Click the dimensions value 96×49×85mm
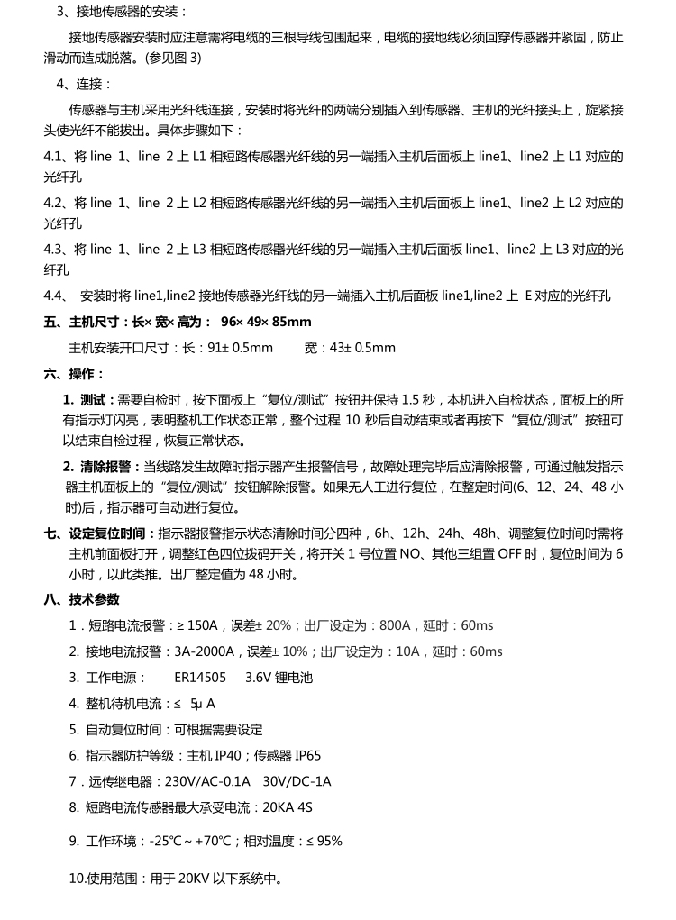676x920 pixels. (x=266, y=322)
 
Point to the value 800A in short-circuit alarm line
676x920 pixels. (x=395, y=625)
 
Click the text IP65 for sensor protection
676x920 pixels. (x=307, y=756)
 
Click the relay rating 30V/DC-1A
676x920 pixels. (x=297, y=782)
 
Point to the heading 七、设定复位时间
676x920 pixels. (x=100, y=533)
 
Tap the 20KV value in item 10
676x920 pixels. (x=194, y=879)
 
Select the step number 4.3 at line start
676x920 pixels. (x=55, y=250)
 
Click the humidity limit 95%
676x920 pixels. (x=330, y=842)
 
